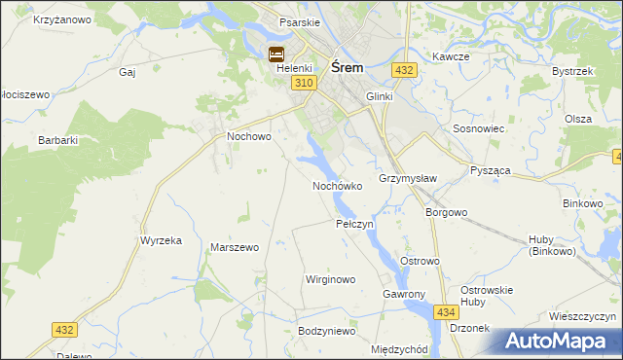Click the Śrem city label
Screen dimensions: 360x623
click(348, 68)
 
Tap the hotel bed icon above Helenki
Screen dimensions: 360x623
click(276, 54)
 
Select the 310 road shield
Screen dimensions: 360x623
click(304, 84)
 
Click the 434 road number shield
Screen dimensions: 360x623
click(446, 311)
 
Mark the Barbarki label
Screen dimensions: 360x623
click(57, 140)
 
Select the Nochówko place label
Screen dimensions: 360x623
click(337, 185)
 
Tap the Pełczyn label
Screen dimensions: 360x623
click(354, 224)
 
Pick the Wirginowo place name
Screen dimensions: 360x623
click(331, 279)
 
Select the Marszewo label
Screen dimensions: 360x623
click(235, 247)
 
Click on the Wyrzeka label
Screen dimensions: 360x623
click(162, 240)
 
